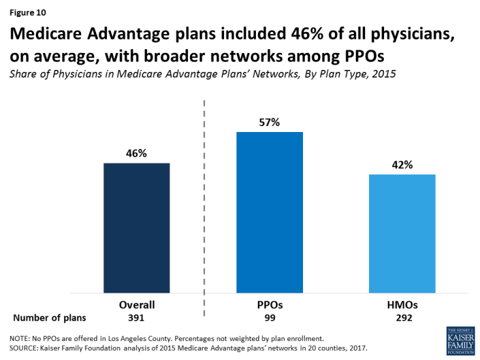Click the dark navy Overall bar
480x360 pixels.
point(136,228)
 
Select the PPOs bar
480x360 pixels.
point(270,213)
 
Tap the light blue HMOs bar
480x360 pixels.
point(402,234)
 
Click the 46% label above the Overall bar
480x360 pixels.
point(136,154)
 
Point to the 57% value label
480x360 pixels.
point(270,123)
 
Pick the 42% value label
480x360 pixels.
point(402,165)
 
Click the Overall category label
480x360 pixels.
point(136,304)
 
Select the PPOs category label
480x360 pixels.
point(270,304)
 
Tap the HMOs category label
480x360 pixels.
point(402,304)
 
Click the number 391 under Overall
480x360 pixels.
point(136,318)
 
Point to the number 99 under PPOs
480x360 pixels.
point(270,318)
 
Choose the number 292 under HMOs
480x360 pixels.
point(402,318)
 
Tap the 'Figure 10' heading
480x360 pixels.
point(27,12)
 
